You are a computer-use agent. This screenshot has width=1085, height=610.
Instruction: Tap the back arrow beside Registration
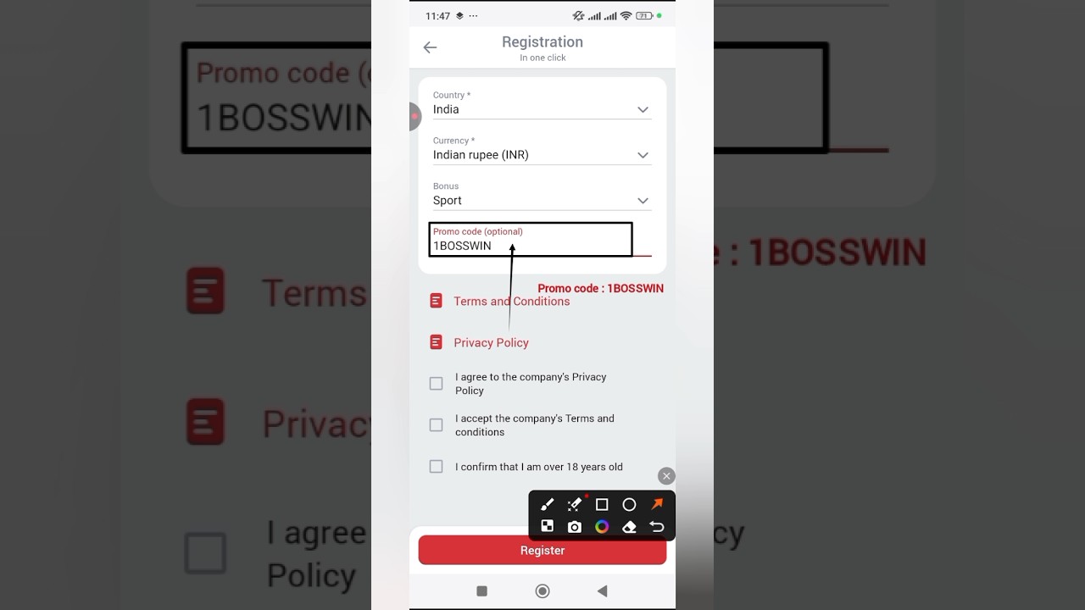(430, 47)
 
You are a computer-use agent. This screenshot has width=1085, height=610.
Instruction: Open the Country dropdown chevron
(643, 110)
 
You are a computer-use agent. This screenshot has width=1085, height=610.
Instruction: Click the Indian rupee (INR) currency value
(481, 155)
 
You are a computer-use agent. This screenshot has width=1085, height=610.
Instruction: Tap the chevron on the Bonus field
(643, 201)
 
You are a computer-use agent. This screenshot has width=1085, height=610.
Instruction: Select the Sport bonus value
(447, 201)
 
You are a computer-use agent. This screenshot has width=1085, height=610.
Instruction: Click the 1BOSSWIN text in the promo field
(462, 246)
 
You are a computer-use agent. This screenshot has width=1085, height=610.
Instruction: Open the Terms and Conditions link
(511, 301)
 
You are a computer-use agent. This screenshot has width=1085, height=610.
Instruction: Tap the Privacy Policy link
(491, 343)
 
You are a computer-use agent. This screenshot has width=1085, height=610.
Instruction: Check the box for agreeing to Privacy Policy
(436, 384)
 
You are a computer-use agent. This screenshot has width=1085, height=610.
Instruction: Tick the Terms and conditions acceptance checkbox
(436, 425)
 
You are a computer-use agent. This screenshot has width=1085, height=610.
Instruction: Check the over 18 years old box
(436, 467)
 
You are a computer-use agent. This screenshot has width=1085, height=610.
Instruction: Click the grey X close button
(666, 476)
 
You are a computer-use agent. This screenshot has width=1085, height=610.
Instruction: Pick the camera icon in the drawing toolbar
(575, 527)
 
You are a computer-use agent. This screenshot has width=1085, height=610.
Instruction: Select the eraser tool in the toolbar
(629, 527)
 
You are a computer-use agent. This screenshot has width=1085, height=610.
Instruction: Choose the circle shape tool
(629, 505)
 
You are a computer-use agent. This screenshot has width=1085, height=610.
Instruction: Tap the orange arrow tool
(657, 504)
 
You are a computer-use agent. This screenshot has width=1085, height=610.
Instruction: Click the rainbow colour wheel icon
(602, 527)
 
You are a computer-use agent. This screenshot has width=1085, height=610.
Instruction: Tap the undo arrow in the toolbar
(657, 527)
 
